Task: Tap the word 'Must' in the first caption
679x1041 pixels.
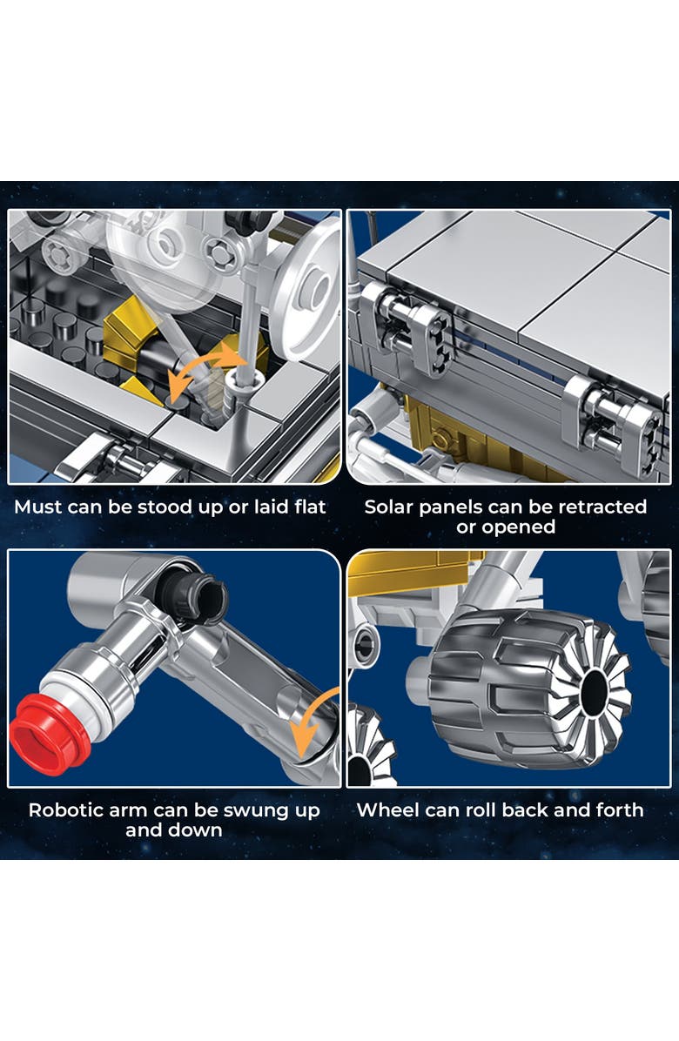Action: [x=38, y=507]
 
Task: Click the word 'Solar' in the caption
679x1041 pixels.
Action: [x=388, y=507]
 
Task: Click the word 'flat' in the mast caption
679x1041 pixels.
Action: [x=310, y=507]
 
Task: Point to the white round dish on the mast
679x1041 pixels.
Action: [x=307, y=289]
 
